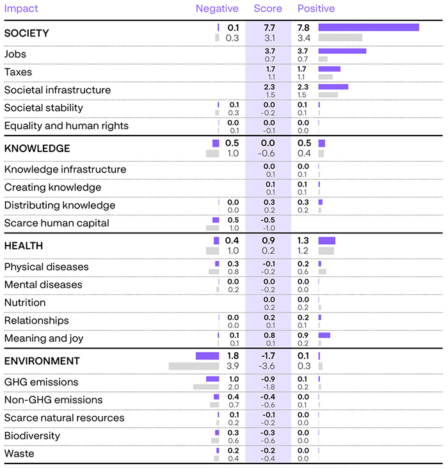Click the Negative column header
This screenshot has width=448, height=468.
pos(217,8)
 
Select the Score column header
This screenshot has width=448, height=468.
pos(268,8)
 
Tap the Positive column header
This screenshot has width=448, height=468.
pos(316,8)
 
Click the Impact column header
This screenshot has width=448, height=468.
pos(21,8)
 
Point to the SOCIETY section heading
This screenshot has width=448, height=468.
pos(26,33)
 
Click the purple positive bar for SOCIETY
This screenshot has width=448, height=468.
pos(368,27)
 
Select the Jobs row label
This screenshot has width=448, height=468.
pos(15,54)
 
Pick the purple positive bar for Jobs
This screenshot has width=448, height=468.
pos(342,51)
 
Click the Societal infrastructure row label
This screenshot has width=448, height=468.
pos(58,90)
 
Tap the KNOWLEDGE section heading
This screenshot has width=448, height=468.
pos(37,148)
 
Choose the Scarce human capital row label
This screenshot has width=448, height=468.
pos(57,223)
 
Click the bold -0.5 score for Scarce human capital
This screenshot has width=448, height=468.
pos(269,220)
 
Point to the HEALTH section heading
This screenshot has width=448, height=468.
pos(24,246)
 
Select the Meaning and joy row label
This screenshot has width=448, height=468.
pos(44,338)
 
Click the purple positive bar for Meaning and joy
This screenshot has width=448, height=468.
pos(324,335)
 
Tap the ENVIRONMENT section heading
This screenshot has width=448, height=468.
pos(42,361)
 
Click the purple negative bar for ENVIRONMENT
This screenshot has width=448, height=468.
pos(207,355)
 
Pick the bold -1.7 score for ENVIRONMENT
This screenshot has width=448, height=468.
pos(269,355)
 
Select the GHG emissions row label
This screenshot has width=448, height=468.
pos(42,382)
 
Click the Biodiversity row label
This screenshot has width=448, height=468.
pos(32,435)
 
